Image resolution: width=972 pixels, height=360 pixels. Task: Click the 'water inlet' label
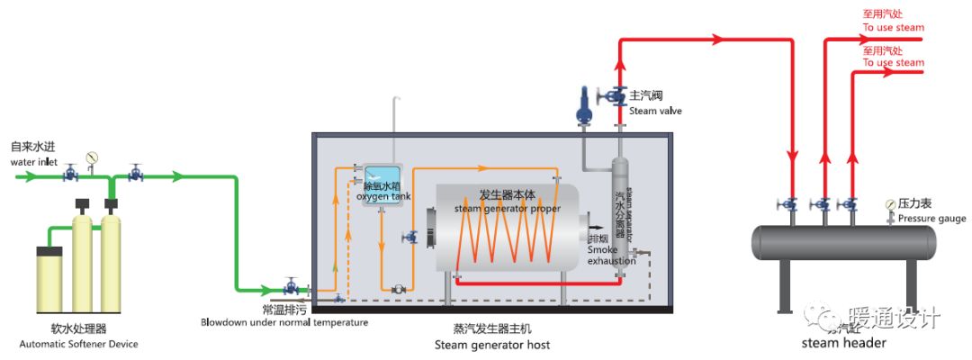33,162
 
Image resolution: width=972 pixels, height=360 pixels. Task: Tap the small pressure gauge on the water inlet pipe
91,158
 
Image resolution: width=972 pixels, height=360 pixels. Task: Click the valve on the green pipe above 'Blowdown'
292,288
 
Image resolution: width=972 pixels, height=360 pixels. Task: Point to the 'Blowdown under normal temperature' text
283,322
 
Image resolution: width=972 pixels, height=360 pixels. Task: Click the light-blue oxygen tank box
385,184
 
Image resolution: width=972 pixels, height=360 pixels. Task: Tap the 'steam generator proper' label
507,209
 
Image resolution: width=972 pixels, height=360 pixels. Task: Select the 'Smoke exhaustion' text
611,249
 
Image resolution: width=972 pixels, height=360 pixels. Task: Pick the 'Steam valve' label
655,111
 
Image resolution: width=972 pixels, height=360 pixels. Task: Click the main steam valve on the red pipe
618,94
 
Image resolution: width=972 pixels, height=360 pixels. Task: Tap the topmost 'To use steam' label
893,28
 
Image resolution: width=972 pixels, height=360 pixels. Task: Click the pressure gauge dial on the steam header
890,203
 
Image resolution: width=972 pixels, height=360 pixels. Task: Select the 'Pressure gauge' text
931,219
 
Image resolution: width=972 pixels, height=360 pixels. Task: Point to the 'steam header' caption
843,343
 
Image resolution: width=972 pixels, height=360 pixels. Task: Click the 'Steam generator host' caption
491,345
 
